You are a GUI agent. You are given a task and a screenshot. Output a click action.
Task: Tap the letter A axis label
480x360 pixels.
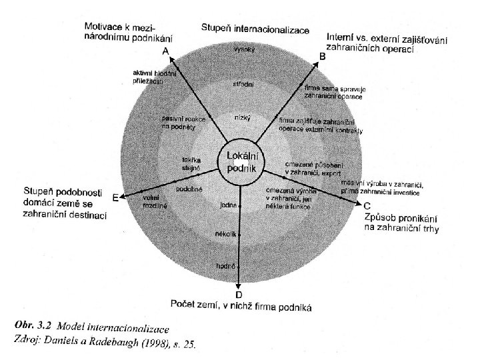pos(164,51)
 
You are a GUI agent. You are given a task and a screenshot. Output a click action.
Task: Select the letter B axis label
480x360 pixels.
pos(323,57)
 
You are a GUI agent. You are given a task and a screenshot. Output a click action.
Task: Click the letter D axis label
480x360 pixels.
pos(239,294)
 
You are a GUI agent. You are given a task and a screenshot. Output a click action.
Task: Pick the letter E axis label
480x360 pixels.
pos(115,198)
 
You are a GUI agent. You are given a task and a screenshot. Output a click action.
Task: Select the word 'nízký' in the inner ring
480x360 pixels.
pos(242,117)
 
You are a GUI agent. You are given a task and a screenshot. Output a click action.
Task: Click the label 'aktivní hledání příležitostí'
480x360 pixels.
pos(153,76)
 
